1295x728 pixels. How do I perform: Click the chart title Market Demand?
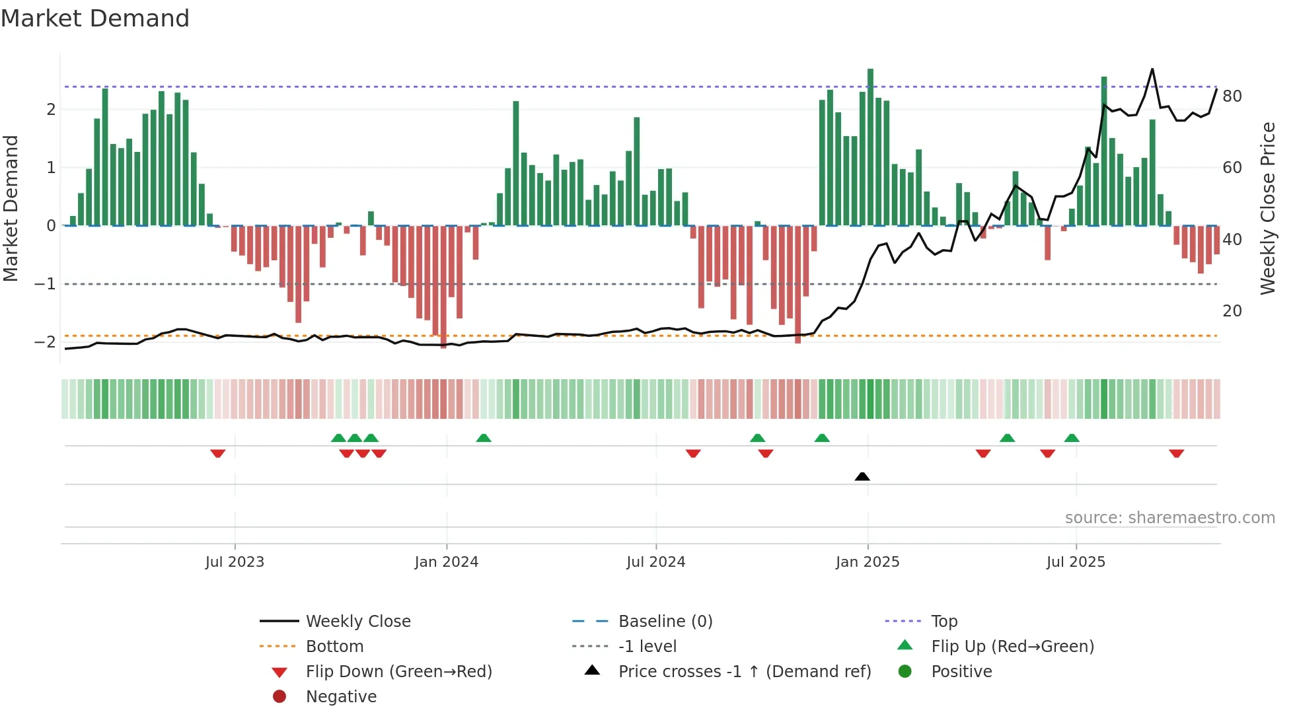click(x=95, y=18)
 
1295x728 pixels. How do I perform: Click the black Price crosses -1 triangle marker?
click(x=862, y=476)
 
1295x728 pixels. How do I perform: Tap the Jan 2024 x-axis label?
click(x=446, y=562)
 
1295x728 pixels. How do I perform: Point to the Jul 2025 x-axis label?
click(x=1076, y=562)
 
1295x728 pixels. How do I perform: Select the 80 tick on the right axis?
click(x=1232, y=96)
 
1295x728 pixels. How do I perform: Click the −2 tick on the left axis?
click(x=45, y=342)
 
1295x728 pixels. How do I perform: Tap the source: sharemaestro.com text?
click(x=1169, y=517)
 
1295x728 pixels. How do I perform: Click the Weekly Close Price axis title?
click(x=1267, y=208)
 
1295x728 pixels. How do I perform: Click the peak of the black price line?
click(x=1152, y=69)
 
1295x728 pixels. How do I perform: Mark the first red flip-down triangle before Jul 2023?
click(x=218, y=453)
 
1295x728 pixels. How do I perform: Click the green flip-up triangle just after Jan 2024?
click(x=484, y=438)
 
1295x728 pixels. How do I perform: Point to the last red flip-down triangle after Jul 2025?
click(x=1176, y=453)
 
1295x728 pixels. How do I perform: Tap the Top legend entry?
click(x=943, y=621)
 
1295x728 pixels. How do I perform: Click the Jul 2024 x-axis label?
click(x=655, y=562)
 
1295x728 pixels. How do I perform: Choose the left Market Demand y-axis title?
click(x=11, y=208)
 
